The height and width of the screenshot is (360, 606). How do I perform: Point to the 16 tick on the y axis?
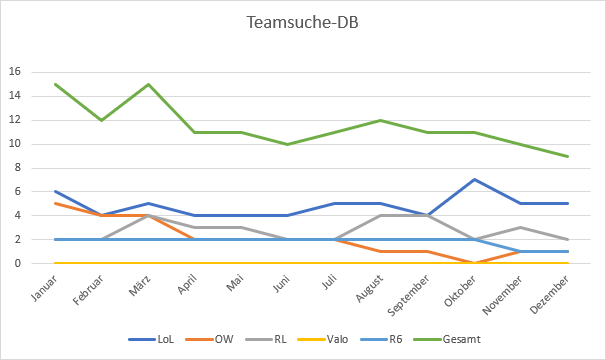pos(15,72)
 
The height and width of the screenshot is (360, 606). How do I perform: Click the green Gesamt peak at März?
pos(149,84)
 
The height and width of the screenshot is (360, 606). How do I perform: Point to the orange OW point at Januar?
pos(54,204)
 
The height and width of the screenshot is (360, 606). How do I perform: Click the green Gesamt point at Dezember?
pos(568,156)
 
